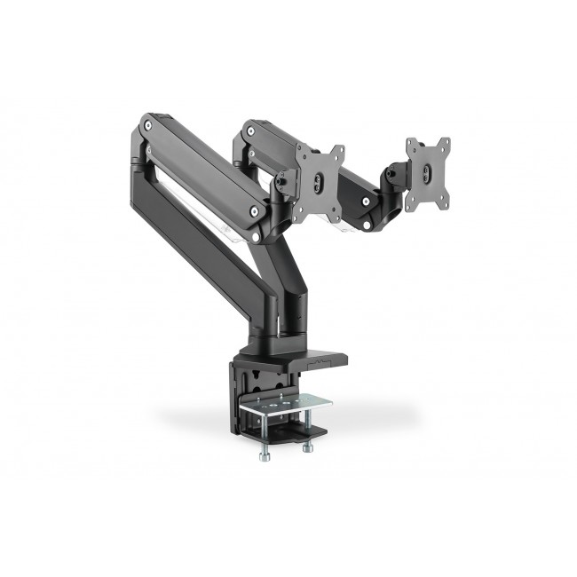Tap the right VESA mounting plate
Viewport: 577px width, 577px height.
[x=427, y=174]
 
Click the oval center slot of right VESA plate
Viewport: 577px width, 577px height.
[x=427, y=176]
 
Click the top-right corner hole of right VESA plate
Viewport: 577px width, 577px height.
[x=443, y=143]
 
